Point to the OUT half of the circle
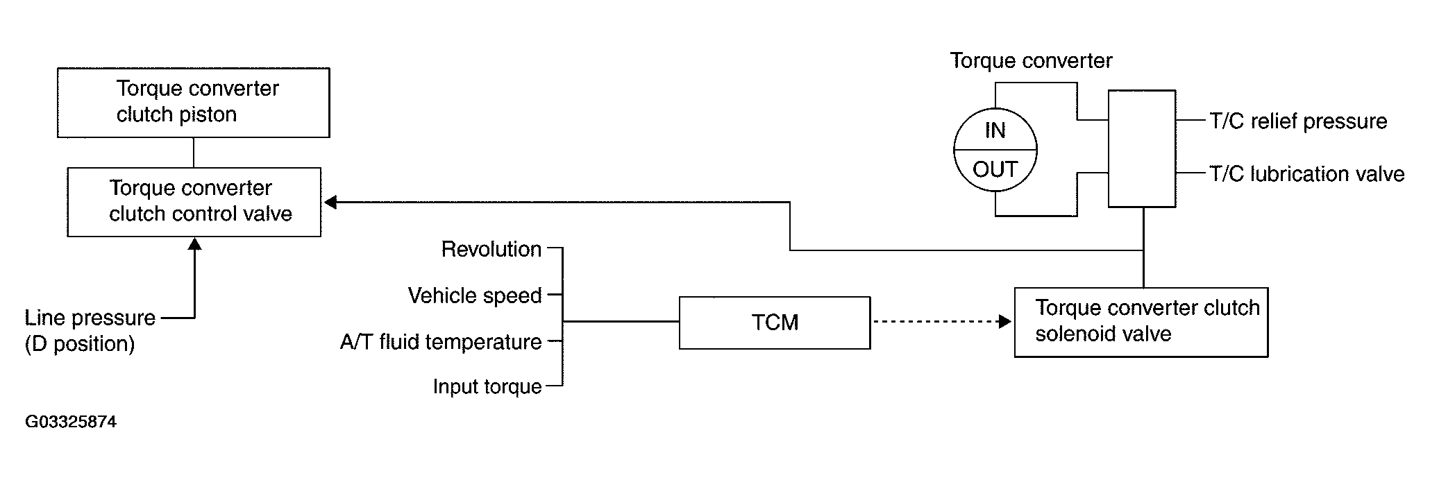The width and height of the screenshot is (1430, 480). (x=995, y=169)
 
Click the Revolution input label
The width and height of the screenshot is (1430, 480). (x=491, y=249)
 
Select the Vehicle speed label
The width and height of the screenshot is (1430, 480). (x=475, y=295)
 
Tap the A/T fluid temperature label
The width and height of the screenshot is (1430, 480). (x=441, y=342)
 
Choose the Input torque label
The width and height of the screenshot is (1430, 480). (x=487, y=386)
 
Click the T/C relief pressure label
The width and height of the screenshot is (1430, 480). (x=1298, y=121)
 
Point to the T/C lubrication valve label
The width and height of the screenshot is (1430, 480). (x=1307, y=173)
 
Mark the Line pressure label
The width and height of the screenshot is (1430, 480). (x=90, y=318)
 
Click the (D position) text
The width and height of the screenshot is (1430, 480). (x=80, y=344)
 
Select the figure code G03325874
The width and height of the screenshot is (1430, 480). (x=71, y=422)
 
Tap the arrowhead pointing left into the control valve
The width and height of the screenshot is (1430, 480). (x=330, y=202)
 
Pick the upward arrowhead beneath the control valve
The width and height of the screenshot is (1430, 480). (x=195, y=243)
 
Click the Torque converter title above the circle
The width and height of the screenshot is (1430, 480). (x=1031, y=61)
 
